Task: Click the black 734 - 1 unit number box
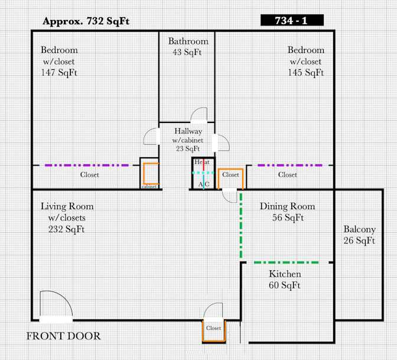[x=292, y=20]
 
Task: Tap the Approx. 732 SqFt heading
[x=86, y=21]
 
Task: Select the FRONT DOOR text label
[x=64, y=336]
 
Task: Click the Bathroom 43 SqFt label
[x=188, y=47]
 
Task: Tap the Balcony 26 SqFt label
[x=359, y=235]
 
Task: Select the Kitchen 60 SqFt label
[x=285, y=280]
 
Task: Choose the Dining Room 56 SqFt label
[x=288, y=212]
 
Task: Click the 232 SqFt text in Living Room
[x=66, y=229]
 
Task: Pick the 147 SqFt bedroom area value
[x=59, y=73]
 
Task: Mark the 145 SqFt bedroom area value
[x=306, y=73]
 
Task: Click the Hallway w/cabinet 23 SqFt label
[x=188, y=140]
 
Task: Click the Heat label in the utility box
[x=202, y=162]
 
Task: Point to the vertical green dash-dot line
[x=241, y=225]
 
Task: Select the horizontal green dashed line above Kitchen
[x=286, y=262]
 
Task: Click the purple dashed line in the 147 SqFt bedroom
[x=87, y=166]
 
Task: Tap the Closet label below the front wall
[x=213, y=328]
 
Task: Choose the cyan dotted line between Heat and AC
[x=203, y=173]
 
